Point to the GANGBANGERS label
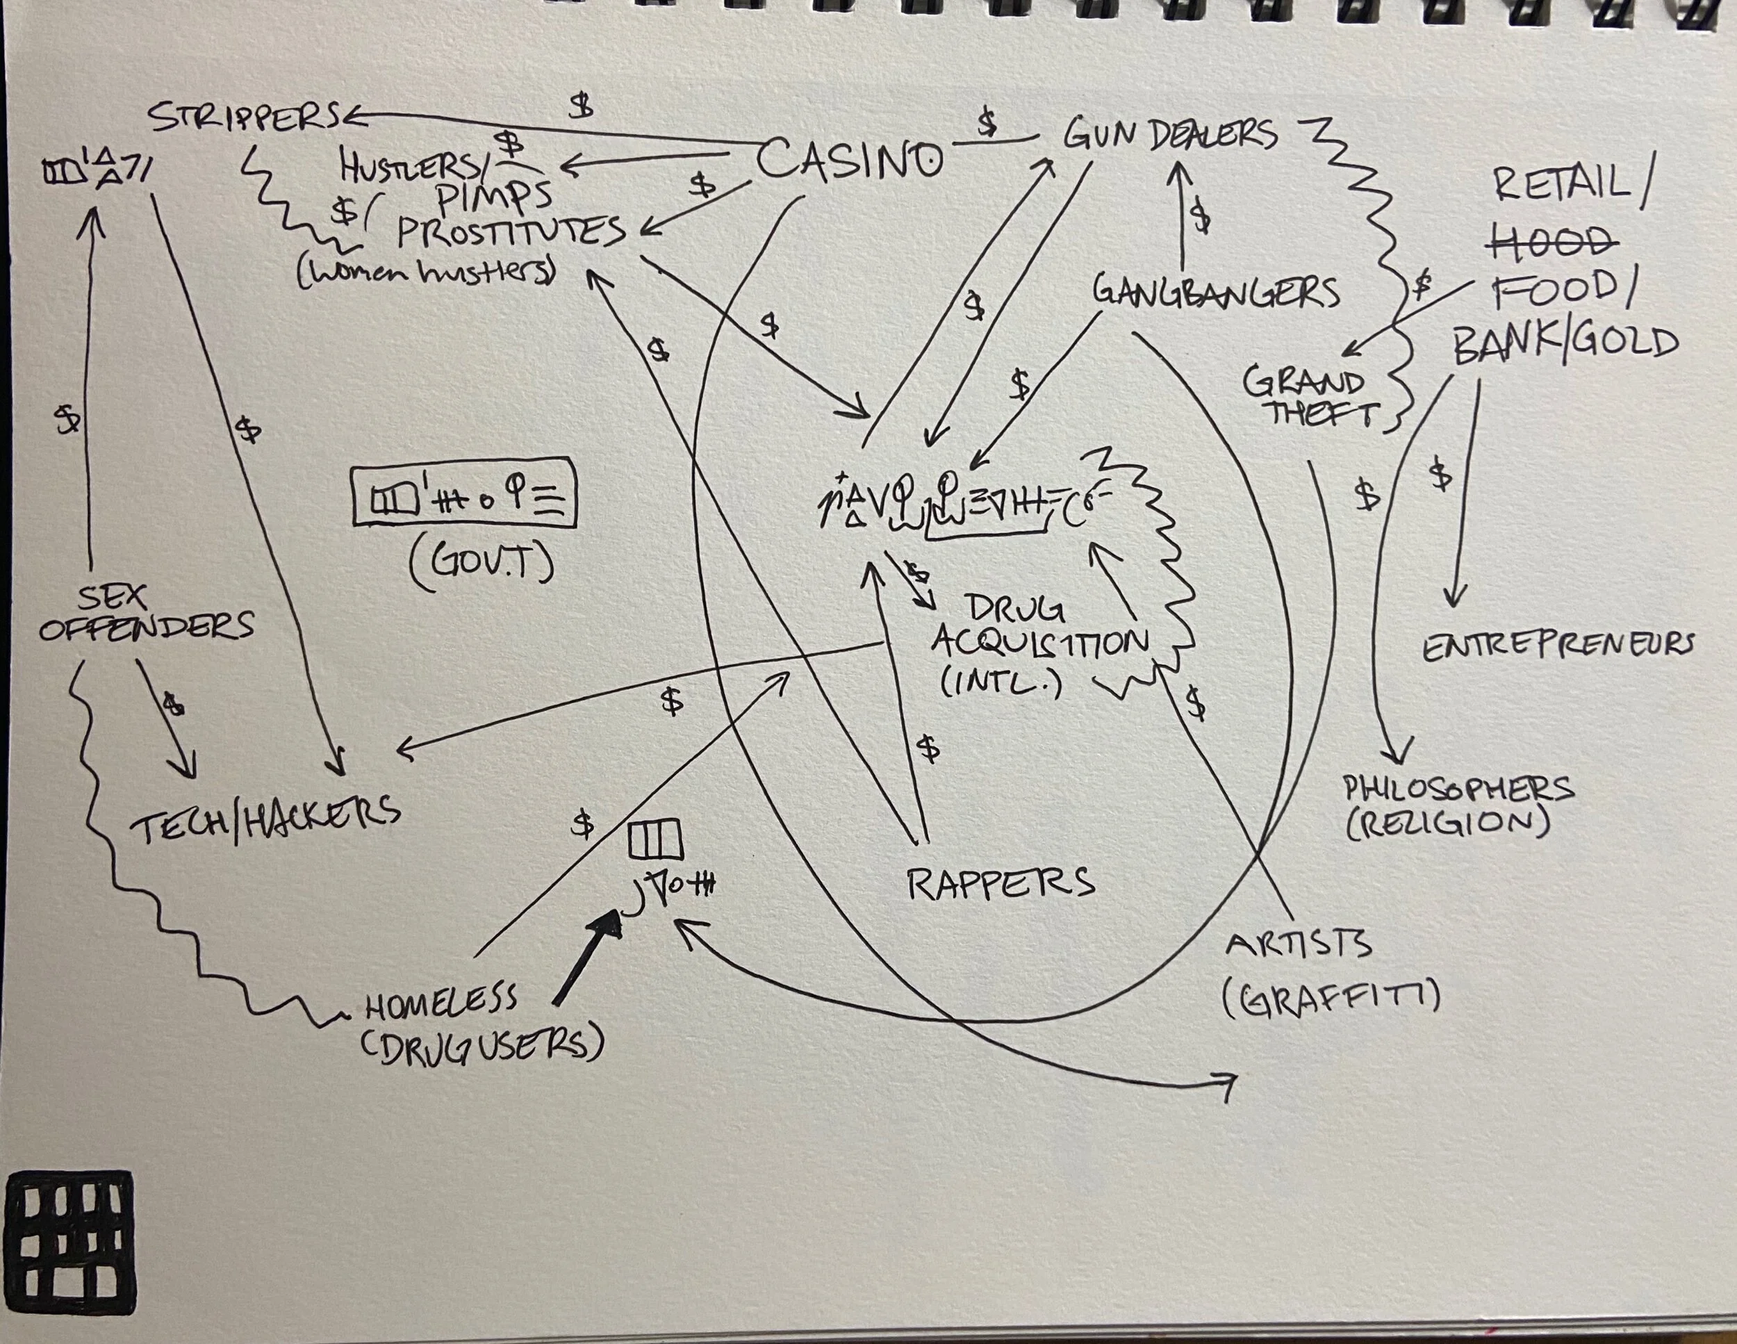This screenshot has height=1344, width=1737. click(x=1216, y=292)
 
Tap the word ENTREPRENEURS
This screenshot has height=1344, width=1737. click(x=1557, y=646)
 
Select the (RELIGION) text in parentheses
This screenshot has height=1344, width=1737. click(x=1448, y=824)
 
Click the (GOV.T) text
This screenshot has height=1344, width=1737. click(x=480, y=564)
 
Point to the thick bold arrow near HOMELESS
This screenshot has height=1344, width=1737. click(x=586, y=958)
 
